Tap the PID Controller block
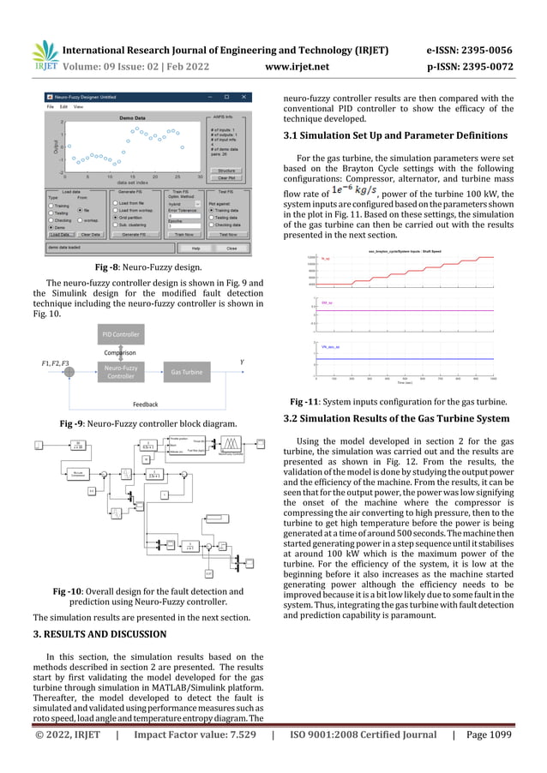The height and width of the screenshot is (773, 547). tap(121, 334)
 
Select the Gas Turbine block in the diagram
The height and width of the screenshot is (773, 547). tap(185, 373)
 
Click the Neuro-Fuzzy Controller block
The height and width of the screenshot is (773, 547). tap(121, 373)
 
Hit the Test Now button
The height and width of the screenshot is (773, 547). tap(228, 234)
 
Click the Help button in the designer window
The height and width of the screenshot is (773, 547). tap(195, 248)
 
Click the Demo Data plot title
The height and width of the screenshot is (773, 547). tap(132, 116)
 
